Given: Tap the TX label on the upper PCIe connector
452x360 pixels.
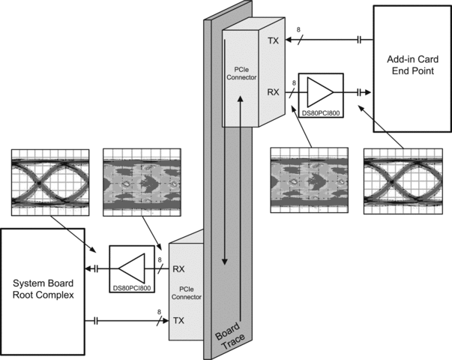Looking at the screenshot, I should pos(273,40).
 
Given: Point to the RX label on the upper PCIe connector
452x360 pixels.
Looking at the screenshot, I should pos(274,92).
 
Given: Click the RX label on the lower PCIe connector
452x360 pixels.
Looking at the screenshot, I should pos(179,268).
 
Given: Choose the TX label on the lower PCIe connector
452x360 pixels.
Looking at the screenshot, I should pos(178,321).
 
